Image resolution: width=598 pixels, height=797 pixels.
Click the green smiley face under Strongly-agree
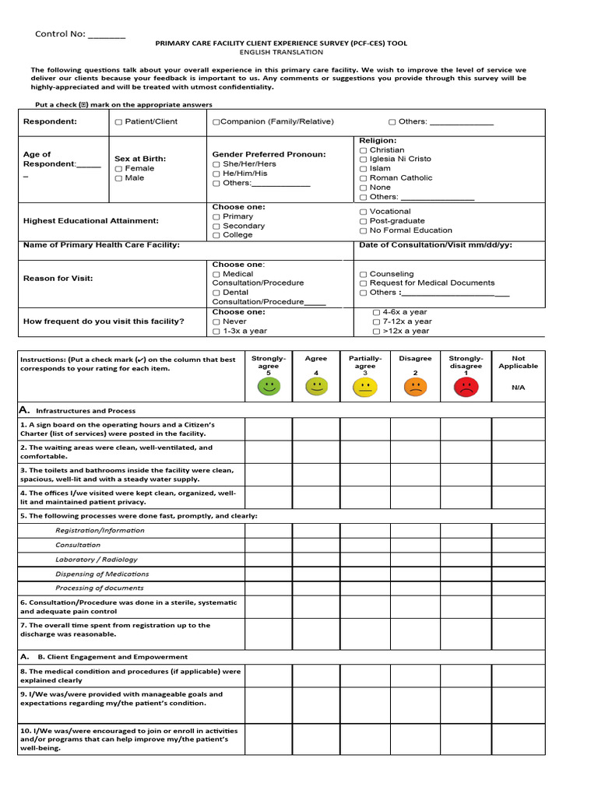(269, 386)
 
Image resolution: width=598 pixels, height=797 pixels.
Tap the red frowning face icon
(466, 387)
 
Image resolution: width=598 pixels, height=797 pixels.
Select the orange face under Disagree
(415, 386)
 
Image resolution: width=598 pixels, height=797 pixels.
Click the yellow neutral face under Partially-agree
(365, 386)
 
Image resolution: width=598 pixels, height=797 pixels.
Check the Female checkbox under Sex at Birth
(118, 169)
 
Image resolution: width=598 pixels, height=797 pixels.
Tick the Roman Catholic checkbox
(364, 178)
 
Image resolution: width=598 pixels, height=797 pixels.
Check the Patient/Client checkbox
(118, 122)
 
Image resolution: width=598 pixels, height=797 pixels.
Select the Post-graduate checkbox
(364, 221)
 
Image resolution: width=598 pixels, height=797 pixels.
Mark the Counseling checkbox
(364, 275)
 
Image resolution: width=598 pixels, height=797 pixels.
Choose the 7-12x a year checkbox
(377, 321)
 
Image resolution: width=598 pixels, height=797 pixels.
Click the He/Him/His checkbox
(216, 174)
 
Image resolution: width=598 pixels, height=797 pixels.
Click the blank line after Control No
(106, 35)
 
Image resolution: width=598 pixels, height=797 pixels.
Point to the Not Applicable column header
(518, 363)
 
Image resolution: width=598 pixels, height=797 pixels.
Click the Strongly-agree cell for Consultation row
(269, 545)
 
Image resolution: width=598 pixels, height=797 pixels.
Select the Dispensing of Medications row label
(102, 574)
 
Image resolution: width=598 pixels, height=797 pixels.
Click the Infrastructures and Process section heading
(86, 411)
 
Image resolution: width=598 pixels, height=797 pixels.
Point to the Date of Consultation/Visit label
(434, 245)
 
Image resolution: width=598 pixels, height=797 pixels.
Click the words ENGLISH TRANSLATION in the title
(281, 52)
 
